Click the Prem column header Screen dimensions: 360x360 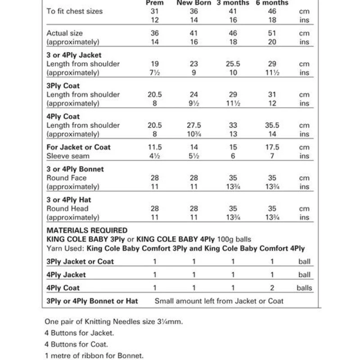click(155, 3)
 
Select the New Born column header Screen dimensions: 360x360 click(193, 3)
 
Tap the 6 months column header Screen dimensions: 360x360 click(272, 3)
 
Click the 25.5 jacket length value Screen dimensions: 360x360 click(233, 64)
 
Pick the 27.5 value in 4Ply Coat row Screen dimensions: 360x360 click(193, 125)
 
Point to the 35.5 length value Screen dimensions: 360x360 click(272, 125)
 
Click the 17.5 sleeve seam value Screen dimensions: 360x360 click(272, 147)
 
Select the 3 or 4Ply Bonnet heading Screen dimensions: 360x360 click(75, 169)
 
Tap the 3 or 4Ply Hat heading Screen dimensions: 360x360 click(69, 200)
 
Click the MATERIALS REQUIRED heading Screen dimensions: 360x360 click(87, 230)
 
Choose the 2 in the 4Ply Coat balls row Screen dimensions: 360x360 click(272, 288)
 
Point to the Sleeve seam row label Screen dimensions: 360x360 click(68, 156)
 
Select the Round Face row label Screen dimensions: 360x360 click(67, 178)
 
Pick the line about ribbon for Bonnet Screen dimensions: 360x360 click(94, 355)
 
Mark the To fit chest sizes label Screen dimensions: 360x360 click(75, 11)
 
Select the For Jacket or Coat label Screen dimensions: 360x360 click(78, 147)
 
